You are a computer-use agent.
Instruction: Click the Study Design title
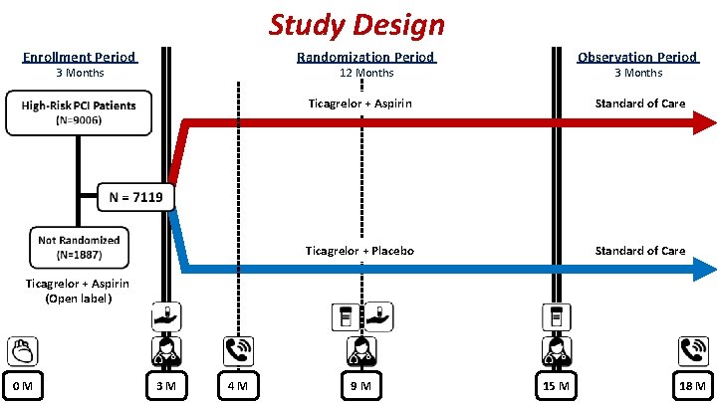[x=357, y=24]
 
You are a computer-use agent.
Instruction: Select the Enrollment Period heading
[x=80, y=58]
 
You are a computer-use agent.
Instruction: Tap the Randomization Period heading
[x=365, y=58]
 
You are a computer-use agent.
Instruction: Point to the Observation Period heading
[x=638, y=58]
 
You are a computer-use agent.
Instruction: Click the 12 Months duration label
[x=365, y=74]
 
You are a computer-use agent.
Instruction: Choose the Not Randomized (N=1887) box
[x=79, y=247]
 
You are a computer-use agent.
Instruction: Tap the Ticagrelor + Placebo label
[x=360, y=251]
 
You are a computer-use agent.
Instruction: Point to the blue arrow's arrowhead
[x=704, y=268]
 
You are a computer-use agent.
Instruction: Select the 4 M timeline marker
[x=238, y=385]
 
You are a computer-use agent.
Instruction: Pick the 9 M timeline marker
[x=360, y=385]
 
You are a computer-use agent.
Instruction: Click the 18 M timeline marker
[x=693, y=385]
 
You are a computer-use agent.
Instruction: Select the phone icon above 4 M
[x=238, y=351]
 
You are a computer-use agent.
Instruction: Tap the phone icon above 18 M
[x=693, y=351]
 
